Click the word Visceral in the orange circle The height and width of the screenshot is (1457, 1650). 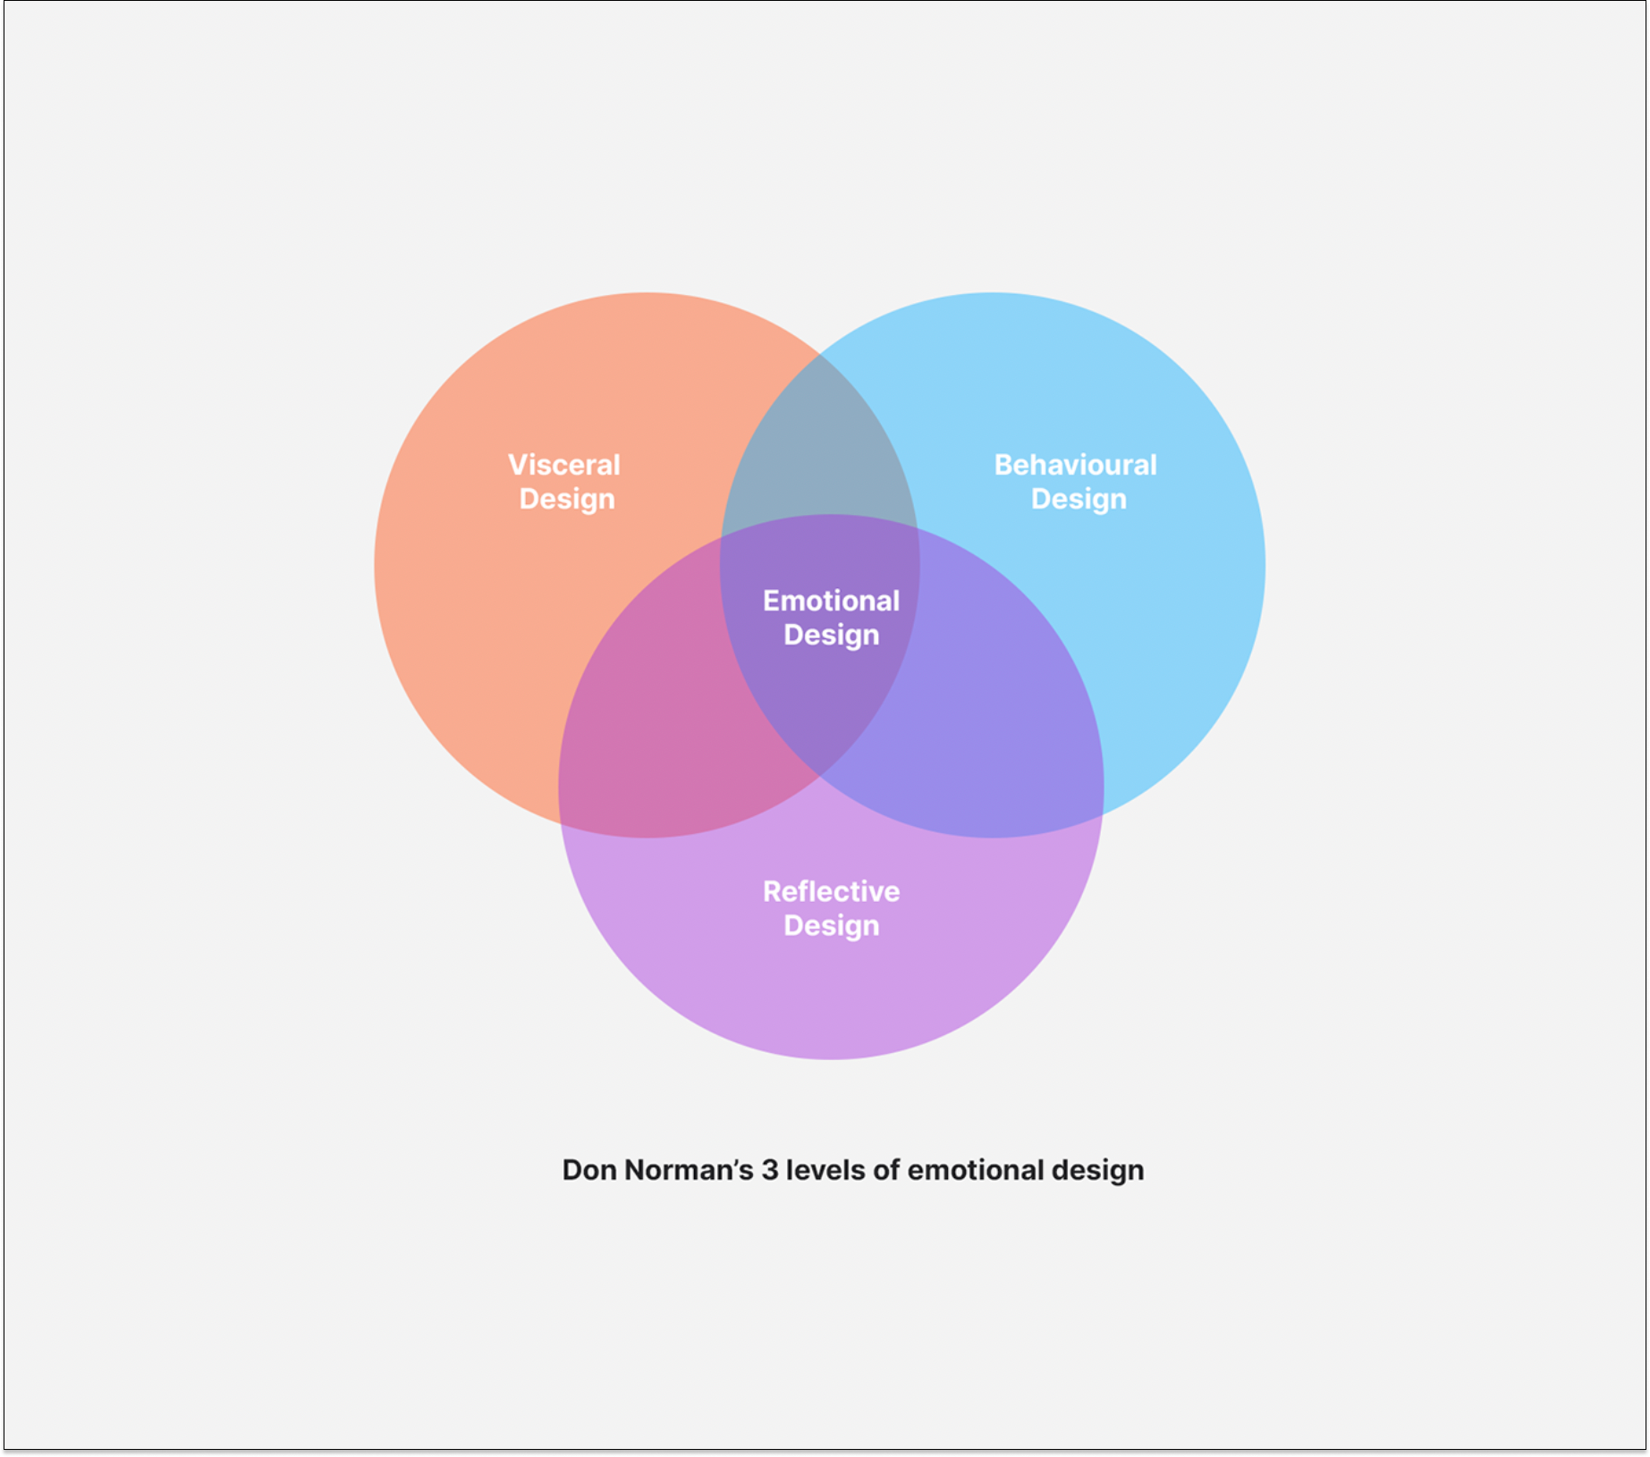(563, 465)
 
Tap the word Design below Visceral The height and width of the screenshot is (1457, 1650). (567, 499)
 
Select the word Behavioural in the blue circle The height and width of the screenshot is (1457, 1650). (1075, 465)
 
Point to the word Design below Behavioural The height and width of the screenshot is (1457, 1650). (1079, 499)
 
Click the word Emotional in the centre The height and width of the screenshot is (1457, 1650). (831, 601)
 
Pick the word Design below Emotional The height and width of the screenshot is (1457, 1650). (831, 635)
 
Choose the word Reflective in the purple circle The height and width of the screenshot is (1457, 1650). (831, 891)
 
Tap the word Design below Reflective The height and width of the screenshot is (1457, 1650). (831, 925)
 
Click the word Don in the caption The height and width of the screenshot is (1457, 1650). (588, 1170)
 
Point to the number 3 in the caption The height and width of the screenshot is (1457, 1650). (770, 1170)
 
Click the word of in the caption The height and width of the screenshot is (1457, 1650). (886, 1170)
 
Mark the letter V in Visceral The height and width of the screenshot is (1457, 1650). (518, 465)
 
